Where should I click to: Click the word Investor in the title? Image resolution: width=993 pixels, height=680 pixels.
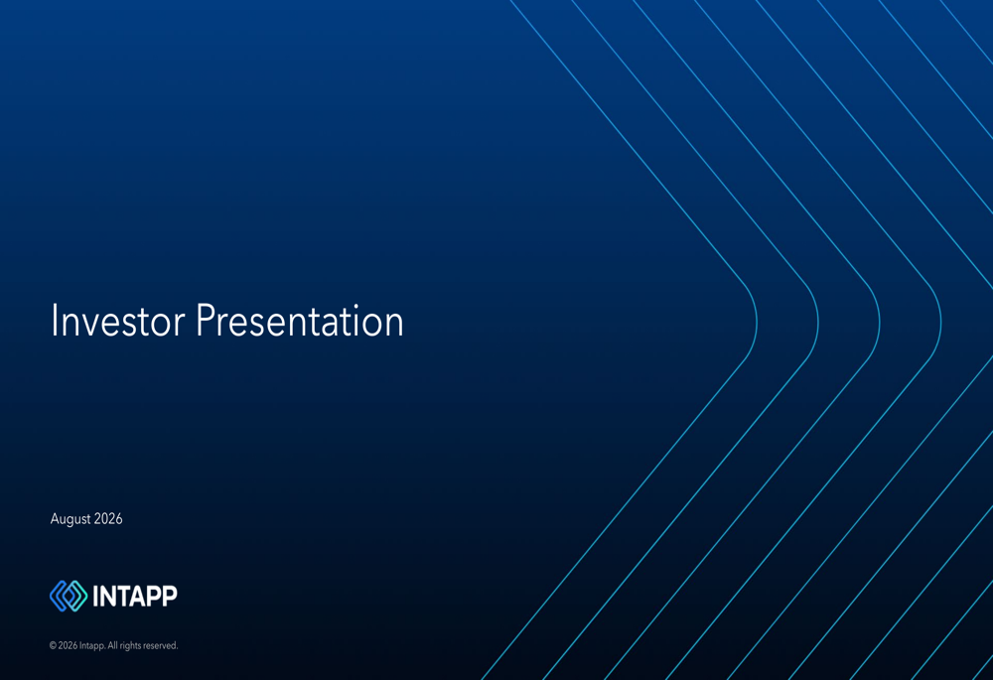coord(118,321)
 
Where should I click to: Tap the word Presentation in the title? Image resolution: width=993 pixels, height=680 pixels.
coord(300,321)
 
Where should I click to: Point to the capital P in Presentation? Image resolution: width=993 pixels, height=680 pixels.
coord(206,321)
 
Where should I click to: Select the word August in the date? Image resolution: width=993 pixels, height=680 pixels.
coord(71,519)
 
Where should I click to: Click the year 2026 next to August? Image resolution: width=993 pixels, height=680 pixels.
coord(108,518)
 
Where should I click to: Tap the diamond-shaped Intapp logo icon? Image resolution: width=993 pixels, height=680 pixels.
coord(69,596)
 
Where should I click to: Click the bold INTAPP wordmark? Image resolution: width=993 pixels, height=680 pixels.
coord(135,596)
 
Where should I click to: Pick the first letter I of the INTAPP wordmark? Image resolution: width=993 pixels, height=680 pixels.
coord(95,596)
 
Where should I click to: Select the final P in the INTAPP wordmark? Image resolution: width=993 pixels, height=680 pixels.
coord(170,596)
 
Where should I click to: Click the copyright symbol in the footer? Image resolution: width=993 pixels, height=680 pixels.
coord(53,646)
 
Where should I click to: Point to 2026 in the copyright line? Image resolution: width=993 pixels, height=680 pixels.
coord(68,646)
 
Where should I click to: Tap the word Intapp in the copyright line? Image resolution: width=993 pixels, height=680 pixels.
coord(91,646)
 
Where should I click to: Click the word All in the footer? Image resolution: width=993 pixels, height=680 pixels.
coord(113,646)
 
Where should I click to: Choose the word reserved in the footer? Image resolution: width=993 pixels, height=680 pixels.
coord(161,646)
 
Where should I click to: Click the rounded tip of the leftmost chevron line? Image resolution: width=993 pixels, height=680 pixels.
coord(756,323)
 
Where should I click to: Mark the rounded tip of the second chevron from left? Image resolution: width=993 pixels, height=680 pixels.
coord(817,323)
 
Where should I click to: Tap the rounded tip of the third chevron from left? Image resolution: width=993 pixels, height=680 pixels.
coord(879,323)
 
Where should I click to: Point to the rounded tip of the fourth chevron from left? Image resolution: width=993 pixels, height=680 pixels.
coord(940,323)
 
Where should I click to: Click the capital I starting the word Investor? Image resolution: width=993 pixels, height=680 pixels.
coord(55,321)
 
